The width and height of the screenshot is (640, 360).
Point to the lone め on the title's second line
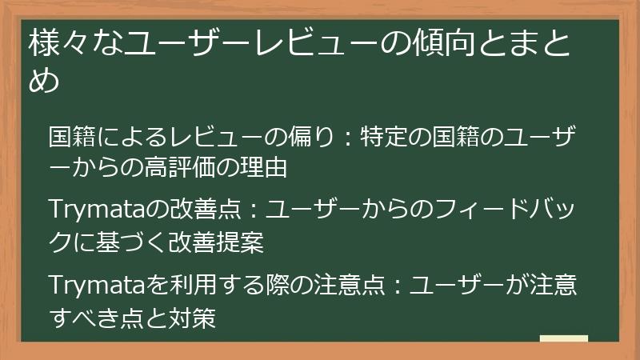pos(44,81)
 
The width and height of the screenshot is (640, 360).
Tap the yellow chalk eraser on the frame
pos(563,338)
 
